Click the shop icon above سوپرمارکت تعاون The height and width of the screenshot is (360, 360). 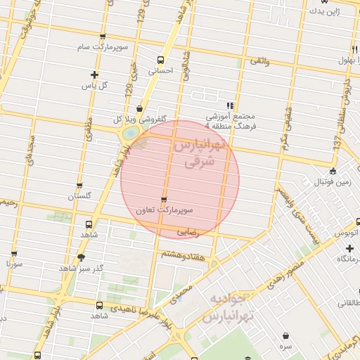164,199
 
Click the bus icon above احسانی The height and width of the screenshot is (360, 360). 160,60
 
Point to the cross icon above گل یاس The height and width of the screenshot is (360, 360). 95,75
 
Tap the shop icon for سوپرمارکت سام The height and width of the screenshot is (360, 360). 103,37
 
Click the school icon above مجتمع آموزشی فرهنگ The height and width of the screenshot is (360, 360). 229,105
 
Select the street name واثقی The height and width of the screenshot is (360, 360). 259,62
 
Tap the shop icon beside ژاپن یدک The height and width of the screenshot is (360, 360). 311,12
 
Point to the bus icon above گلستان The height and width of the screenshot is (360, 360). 79,186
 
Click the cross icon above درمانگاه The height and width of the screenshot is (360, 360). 349,249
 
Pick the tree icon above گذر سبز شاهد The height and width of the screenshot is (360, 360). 82,257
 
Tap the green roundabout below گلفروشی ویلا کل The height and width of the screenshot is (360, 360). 130,133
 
